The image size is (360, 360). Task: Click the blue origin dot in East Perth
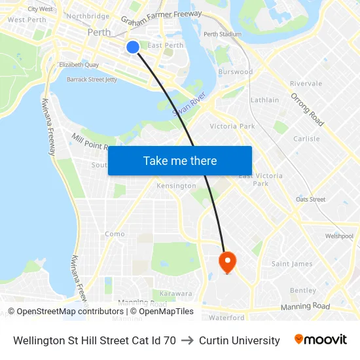(132, 46)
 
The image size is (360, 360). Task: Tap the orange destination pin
(227, 262)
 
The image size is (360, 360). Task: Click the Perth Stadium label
(222, 34)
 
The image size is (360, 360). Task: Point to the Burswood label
(236, 71)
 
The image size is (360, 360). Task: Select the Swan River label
(189, 103)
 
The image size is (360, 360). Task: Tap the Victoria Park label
(232, 126)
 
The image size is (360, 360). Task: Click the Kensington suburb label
(176, 186)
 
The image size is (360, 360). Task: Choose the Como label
(115, 234)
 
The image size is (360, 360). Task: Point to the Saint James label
(292, 264)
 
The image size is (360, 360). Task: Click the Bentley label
(302, 290)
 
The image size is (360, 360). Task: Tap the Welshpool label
(339, 236)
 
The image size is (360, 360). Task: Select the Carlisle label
(306, 139)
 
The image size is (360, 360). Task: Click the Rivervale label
(306, 84)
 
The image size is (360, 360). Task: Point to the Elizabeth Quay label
(79, 65)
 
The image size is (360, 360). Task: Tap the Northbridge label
(88, 16)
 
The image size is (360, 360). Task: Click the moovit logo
(320, 340)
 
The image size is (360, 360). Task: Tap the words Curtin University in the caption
(239, 340)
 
